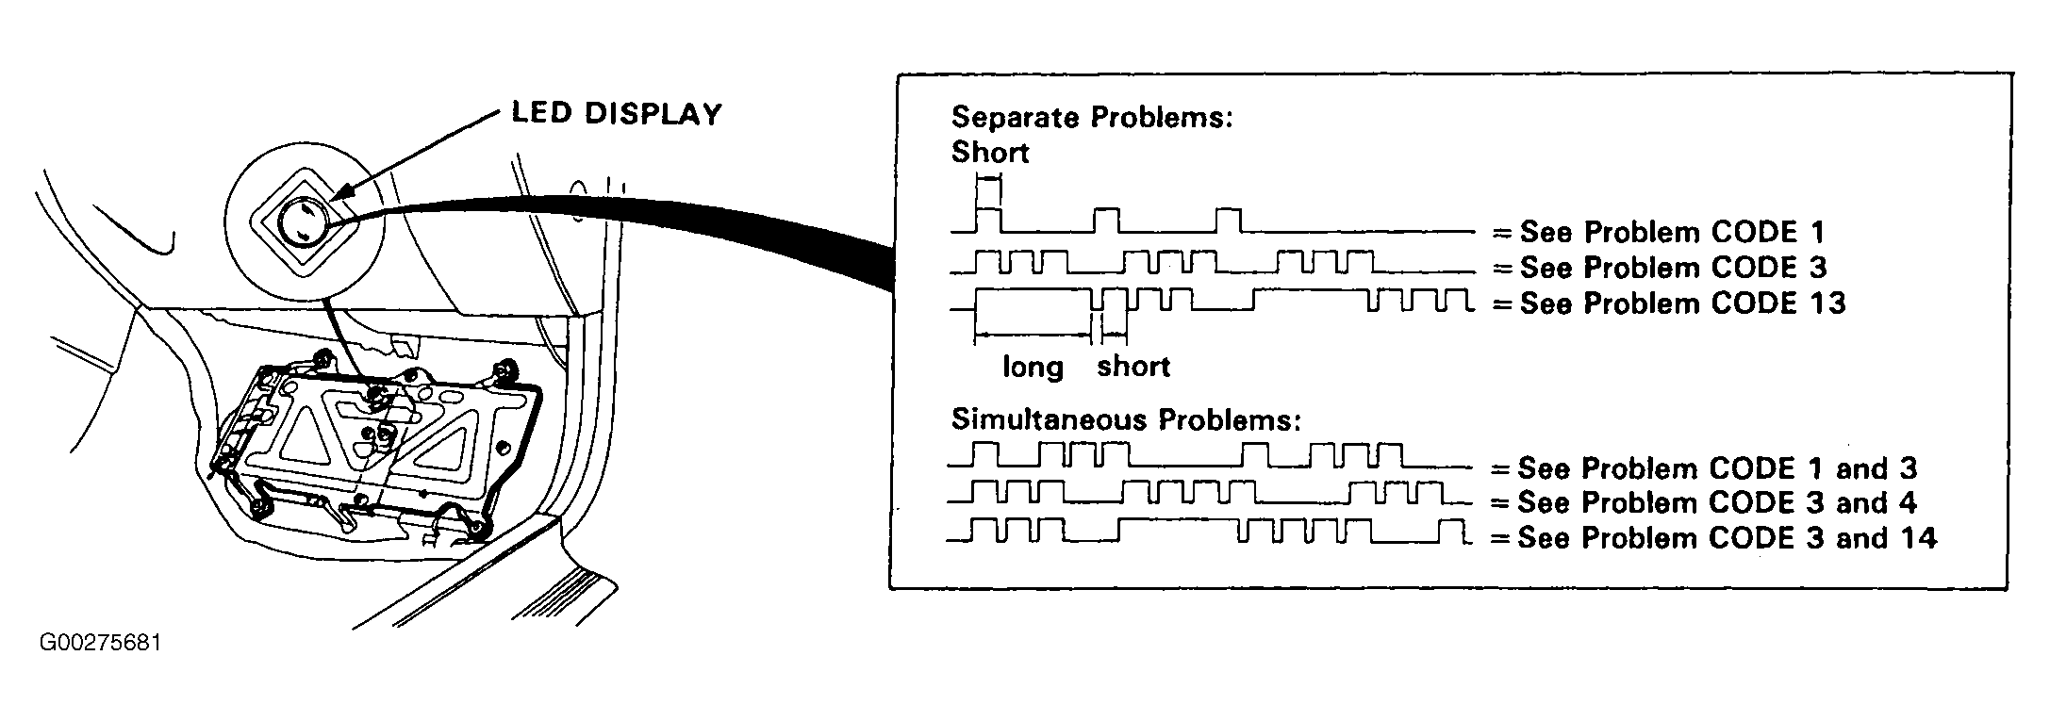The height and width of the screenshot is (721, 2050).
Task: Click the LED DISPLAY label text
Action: pyautogui.click(x=617, y=114)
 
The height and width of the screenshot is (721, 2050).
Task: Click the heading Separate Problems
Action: pyautogui.click(x=1092, y=118)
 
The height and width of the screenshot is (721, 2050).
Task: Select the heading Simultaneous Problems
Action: pyautogui.click(x=1126, y=419)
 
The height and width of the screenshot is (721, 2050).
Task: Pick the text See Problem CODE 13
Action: pyautogui.click(x=1682, y=303)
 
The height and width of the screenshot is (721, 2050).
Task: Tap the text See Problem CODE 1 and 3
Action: pyautogui.click(x=1717, y=468)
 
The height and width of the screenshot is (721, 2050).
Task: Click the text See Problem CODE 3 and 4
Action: pyautogui.click(x=1717, y=503)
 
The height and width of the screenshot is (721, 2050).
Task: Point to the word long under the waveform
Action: pyautogui.click(x=1033, y=367)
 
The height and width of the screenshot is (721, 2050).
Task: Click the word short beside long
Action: pyautogui.click(x=1133, y=366)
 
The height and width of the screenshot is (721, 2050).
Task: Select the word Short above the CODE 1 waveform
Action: pyautogui.click(x=990, y=153)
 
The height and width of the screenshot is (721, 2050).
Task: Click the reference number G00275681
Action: pyautogui.click(x=101, y=644)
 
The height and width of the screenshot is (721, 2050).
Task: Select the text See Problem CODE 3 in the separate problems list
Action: pyautogui.click(x=1674, y=268)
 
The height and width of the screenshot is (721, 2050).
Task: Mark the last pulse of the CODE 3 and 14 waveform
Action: pyautogui.click(x=1453, y=532)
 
